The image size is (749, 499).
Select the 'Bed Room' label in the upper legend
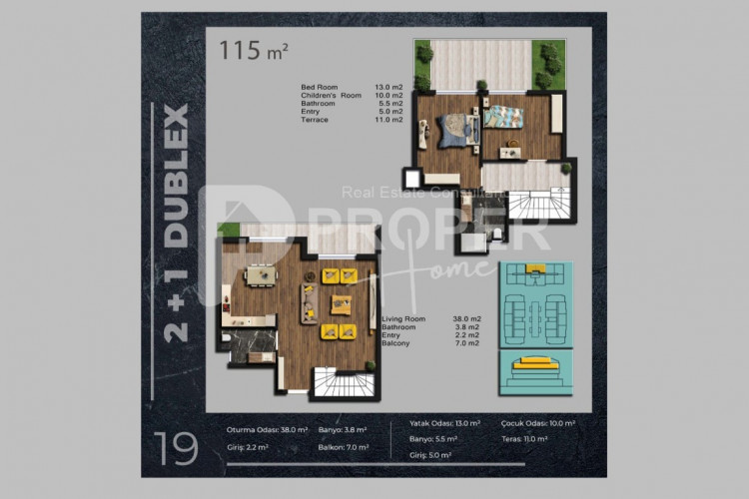(318, 88)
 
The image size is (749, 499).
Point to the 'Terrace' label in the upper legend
(315, 120)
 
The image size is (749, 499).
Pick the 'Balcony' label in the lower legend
(396, 342)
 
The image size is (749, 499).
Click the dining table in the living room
(262, 275)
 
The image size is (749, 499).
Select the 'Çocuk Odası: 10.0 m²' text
(538, 423)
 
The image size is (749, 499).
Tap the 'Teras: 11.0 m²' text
(527, 438)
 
